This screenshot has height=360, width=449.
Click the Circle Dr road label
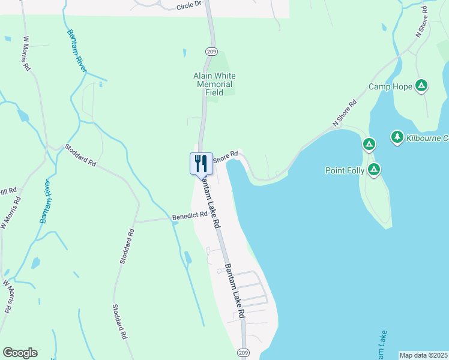click(x=190, y=6)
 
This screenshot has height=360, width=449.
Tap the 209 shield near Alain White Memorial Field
click(x=211, y=52)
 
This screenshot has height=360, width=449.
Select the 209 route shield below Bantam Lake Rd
click(x=243, y=352)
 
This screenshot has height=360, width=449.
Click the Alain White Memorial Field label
click(x=214, y=85)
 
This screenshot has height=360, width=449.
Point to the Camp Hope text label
click(x=390, y=87)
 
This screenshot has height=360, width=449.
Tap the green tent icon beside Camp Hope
click(x=422, y=86)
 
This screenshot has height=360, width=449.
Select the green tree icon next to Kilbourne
click(x=397, y=137)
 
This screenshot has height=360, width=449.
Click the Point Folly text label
click(x=345, y=170)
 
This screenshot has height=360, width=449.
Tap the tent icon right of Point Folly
click(x=374, y=170)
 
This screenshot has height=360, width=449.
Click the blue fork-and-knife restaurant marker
click(x=201, y=163)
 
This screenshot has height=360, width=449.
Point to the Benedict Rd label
click(x=189, y=216)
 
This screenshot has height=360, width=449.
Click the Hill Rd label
click(x=8, y=191)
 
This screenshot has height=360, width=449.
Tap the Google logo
click(x=20, y=352)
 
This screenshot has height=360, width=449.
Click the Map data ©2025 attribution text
click(x=423, y=355)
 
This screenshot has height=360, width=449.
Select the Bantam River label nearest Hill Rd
click(x=46, y=201)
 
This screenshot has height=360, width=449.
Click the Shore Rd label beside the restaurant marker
click(x=226, y=155)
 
